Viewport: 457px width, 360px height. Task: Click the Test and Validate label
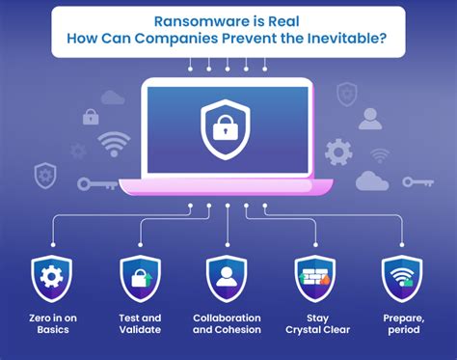coord(139,324)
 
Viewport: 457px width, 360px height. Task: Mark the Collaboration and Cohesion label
coord(227,324)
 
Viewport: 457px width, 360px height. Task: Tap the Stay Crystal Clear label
coord(315,324)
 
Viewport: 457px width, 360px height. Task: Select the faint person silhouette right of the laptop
coord(370,118)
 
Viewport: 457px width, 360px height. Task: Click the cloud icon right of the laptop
coord(371,180)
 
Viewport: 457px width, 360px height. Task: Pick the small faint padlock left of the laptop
coord(91,117)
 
